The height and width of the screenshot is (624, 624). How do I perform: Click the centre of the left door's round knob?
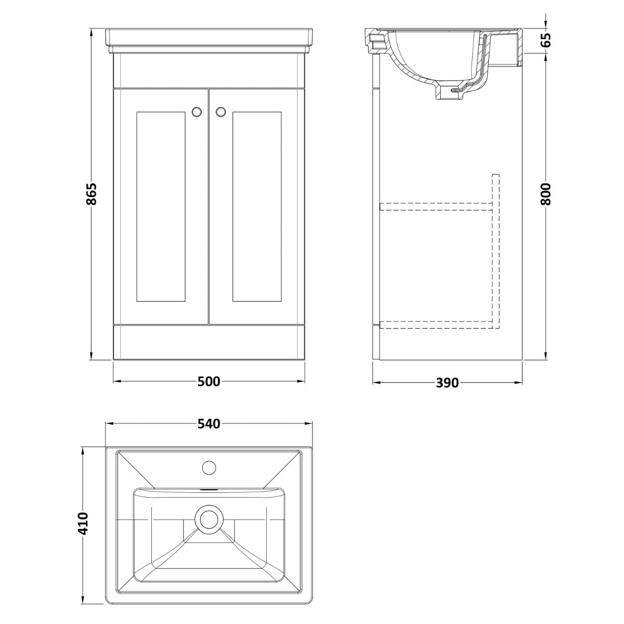196,111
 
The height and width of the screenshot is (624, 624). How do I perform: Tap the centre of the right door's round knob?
221,111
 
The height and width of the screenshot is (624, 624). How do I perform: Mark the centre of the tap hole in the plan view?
209,468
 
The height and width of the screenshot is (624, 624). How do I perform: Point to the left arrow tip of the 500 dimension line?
114,382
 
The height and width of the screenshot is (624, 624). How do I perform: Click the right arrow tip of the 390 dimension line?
522,382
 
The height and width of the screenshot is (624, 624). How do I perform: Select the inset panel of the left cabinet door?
161,206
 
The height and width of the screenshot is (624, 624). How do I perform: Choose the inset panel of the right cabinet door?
257,206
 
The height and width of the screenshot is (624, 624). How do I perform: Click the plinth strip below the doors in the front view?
209,342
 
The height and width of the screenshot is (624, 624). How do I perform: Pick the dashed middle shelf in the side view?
436,206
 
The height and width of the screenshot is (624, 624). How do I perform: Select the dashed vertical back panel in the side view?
496,251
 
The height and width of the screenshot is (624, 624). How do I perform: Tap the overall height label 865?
92,194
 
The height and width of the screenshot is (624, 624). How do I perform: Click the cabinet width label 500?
209,382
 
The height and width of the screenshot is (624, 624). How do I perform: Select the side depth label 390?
448,383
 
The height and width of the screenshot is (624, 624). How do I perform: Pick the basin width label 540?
209,424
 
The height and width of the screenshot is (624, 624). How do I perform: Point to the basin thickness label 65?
546,41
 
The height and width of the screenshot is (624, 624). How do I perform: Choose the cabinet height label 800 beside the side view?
546,194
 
